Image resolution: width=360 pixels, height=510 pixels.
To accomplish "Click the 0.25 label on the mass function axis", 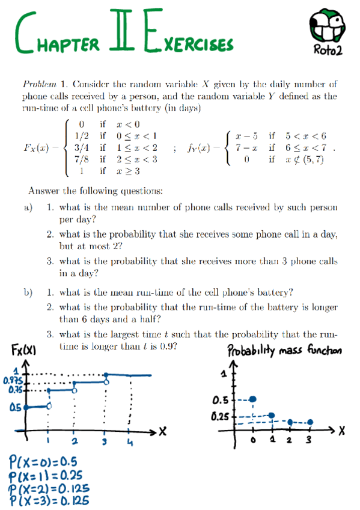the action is click(x=222, y=416).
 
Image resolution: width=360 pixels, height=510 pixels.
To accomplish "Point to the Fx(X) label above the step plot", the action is click(x=22, y=349).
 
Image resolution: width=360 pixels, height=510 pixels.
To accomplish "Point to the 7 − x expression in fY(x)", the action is click(x=245, y=147).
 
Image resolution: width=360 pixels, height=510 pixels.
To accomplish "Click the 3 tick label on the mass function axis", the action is click(x=309, y=442).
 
